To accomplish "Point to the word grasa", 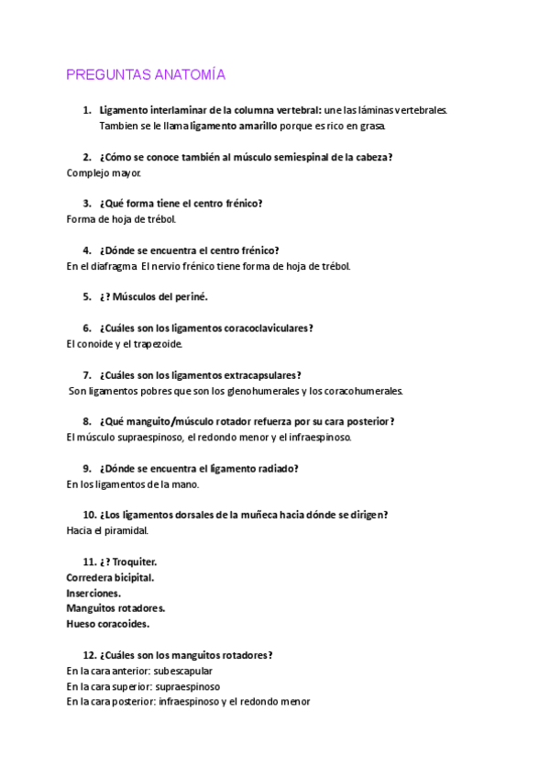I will (371, 126).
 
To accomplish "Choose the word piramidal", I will (126, 530).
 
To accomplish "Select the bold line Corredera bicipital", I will (110, 577).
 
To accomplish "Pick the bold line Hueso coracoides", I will (107, 624).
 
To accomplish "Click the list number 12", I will (89, 655).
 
